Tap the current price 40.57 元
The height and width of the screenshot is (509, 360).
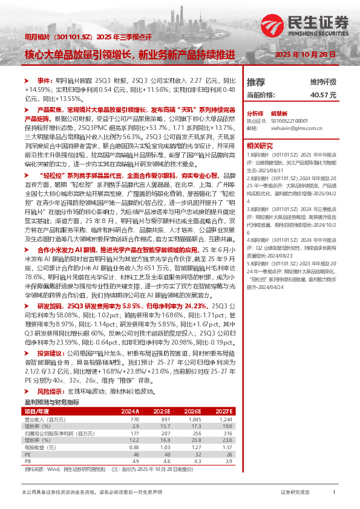(323, 95)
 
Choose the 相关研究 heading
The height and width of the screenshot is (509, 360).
(258, 145)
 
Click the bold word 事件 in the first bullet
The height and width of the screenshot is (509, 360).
(45, 80)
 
